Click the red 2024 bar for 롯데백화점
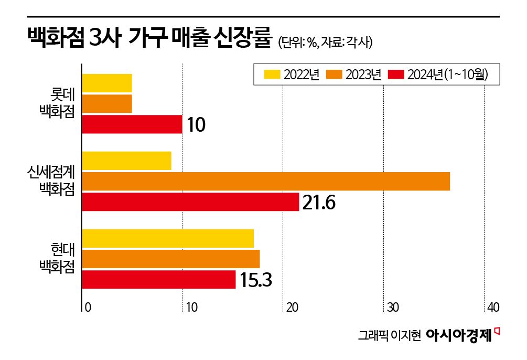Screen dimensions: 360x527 132,124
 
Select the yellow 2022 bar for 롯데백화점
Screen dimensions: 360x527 107,83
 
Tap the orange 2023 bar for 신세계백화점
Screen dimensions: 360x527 266,181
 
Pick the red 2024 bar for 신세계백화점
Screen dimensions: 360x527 190,202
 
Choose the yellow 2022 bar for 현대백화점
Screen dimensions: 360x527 168,238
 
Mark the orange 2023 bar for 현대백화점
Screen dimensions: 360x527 171,259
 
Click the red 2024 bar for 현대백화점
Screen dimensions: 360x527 159,279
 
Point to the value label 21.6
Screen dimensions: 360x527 318,203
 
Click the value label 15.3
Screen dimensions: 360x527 255,280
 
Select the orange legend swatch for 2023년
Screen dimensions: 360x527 334,75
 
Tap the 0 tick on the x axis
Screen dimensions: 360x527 88,307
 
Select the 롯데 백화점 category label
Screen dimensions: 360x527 58,103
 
